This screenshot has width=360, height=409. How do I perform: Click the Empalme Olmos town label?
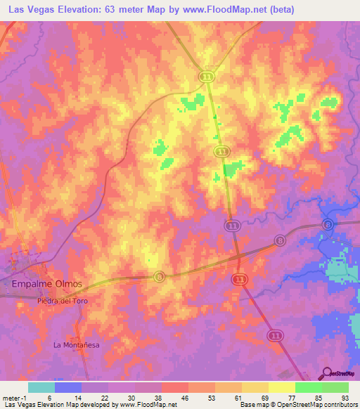pyautogui.click(x=47, y=284)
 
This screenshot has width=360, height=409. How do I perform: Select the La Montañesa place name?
pyautogui.click(x=77, y=345)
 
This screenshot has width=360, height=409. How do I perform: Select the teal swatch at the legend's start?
pyautogui.click(x=41, y=387)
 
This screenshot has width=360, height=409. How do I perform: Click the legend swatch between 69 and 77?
pyautogui.click(x=282, y=387)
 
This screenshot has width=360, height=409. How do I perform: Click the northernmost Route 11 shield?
pyautogui.click(x=206, y=77)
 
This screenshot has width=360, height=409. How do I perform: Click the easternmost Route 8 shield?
pyautogui.click(x=327, y=224)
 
